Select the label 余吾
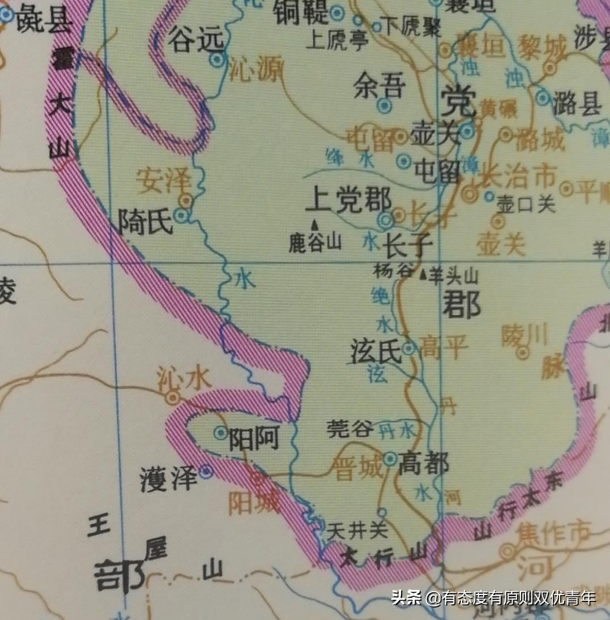[379, 87]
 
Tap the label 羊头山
[454, 276]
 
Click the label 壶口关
[525, 205]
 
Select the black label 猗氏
[145, 221]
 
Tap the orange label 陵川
[524, 336]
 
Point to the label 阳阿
[253, 438]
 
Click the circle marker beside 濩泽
[206, 471]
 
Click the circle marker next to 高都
[390, 459]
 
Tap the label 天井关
[358, 531]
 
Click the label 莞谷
[350, 429]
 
